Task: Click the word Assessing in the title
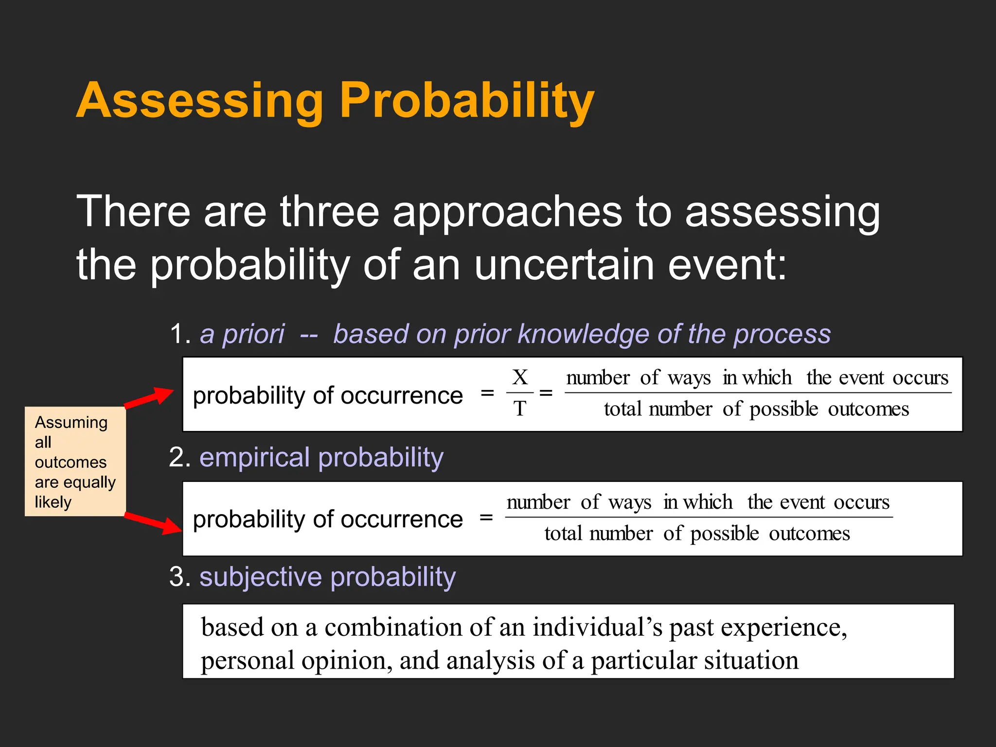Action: coord(199,101)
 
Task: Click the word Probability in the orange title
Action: coord(467,101)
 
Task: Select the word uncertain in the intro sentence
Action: coord(564,265)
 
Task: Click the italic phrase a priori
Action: coord(242,334)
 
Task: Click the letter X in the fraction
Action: coord(520,377)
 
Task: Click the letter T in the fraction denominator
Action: coord(520,409)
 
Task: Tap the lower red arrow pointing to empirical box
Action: coord(153,523)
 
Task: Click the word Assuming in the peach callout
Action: coord(71,422)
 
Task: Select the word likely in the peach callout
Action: coord(53,501)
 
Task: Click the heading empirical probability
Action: coord(321,458)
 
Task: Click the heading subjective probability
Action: coord(327,577)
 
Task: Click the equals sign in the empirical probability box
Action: coord(486,518)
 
